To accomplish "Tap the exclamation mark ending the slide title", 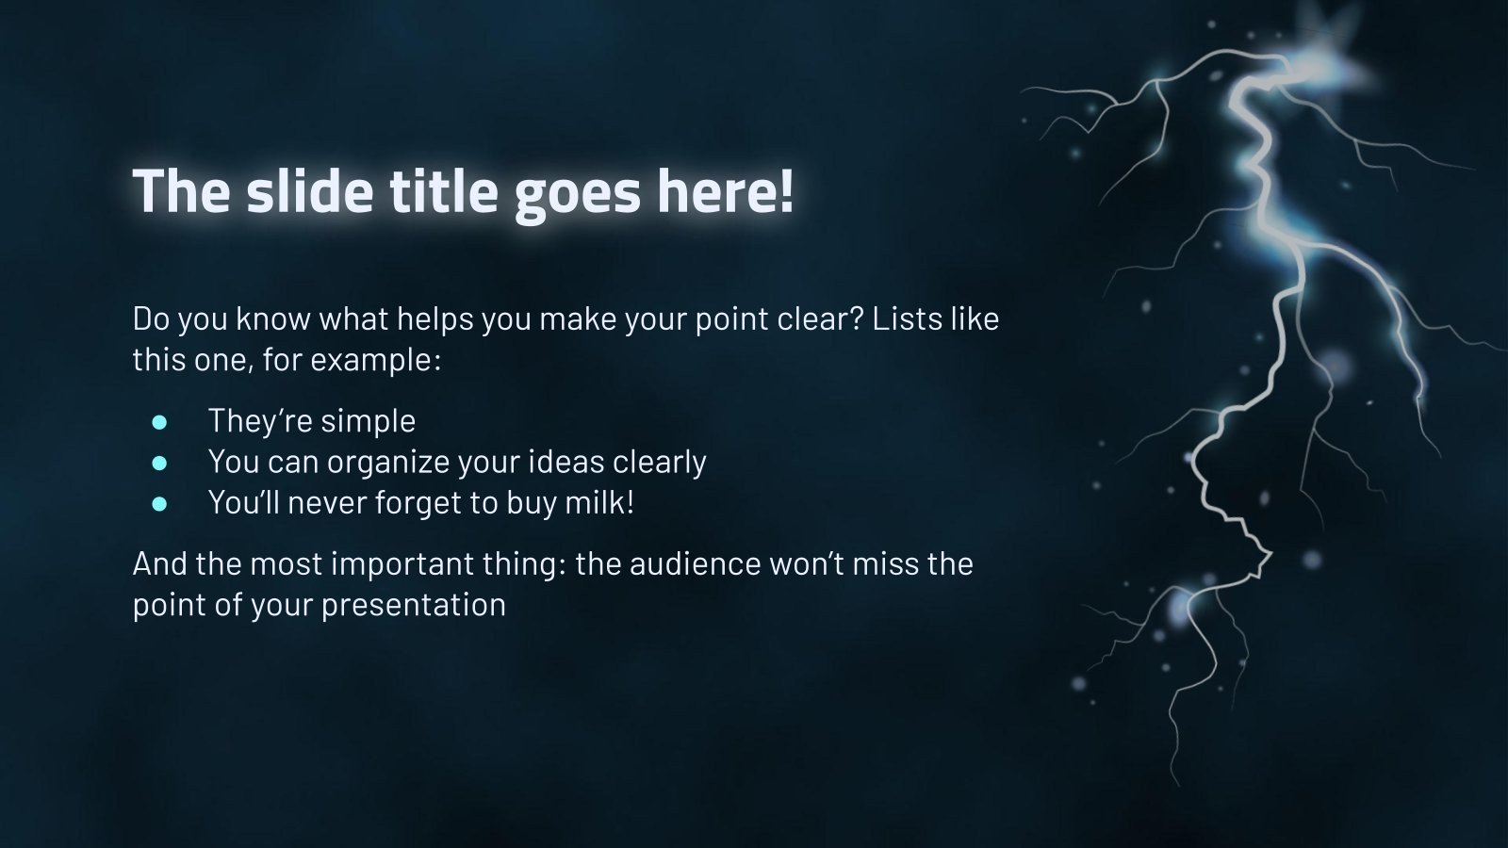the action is [x=787, y=191].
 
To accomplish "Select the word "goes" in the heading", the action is [x=577, y=198].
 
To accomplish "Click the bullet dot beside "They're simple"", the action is [x=159, y=422].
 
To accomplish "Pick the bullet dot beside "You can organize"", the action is [x=159, y=463].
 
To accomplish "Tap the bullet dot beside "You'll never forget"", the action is [x=159, y=504].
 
